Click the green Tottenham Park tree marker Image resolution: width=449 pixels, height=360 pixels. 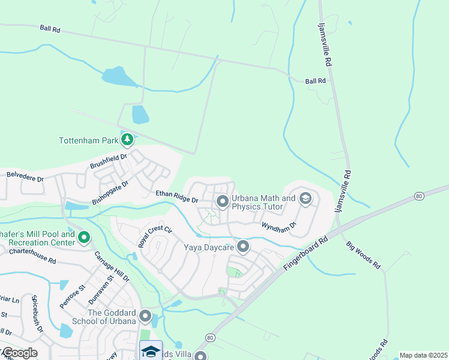(x=127, y=140)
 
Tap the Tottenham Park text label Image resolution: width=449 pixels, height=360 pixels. (x=88, y=141)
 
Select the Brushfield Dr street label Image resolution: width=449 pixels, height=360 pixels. (x=109, y=161)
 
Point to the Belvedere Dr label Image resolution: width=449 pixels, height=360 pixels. (x=25, y=176)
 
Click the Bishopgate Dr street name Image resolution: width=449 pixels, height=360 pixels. (x=110, y=192)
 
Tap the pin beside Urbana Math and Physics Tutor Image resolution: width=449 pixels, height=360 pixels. (x=222, y=202)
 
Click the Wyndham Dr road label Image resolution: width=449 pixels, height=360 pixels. (x=279, y=225)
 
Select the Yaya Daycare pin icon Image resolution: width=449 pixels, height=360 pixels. (x=243, y=246)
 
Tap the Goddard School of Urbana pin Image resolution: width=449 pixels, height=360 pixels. (x=145, y=316)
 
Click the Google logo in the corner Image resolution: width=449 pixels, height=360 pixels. (x=19, y=353)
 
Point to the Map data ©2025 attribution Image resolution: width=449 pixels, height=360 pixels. (x=423, y=355)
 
